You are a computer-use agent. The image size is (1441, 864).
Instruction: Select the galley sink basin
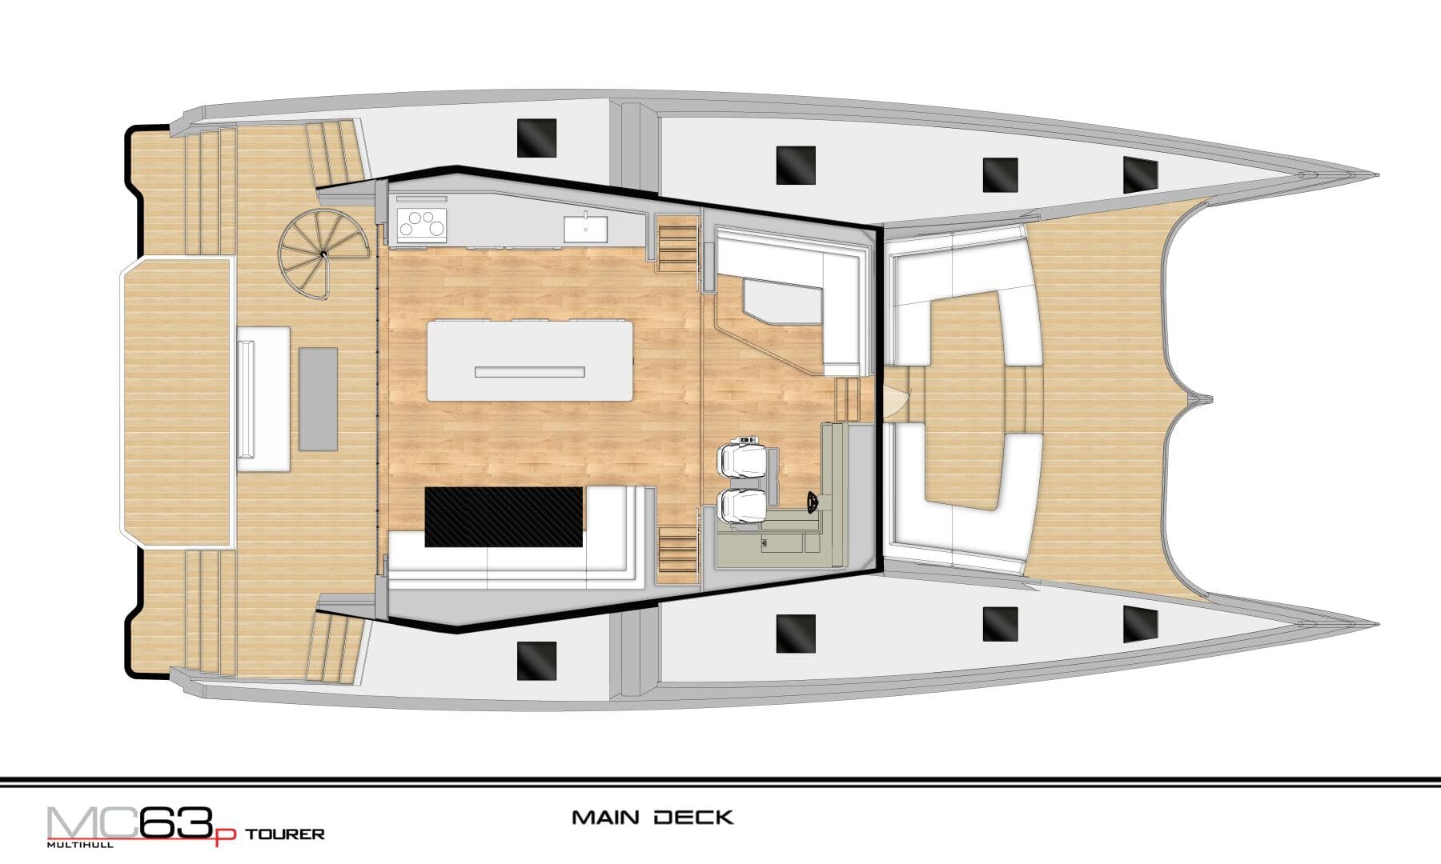[585, 228]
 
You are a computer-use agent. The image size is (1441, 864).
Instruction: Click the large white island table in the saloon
[530, 360]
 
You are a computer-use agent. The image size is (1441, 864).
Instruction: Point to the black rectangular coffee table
[504, 517]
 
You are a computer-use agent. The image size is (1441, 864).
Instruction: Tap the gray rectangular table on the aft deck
[318, 398]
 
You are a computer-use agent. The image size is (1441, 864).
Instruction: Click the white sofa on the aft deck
[262, 398]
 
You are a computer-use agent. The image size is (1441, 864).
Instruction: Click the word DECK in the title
[693, 818]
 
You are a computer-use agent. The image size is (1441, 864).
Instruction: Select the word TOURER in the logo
[284, 834]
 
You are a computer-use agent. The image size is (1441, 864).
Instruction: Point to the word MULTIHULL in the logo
[80, 844]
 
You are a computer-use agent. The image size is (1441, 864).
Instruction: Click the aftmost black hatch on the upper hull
[536, 138]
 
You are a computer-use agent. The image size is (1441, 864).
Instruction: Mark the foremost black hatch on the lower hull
[1141, 625]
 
